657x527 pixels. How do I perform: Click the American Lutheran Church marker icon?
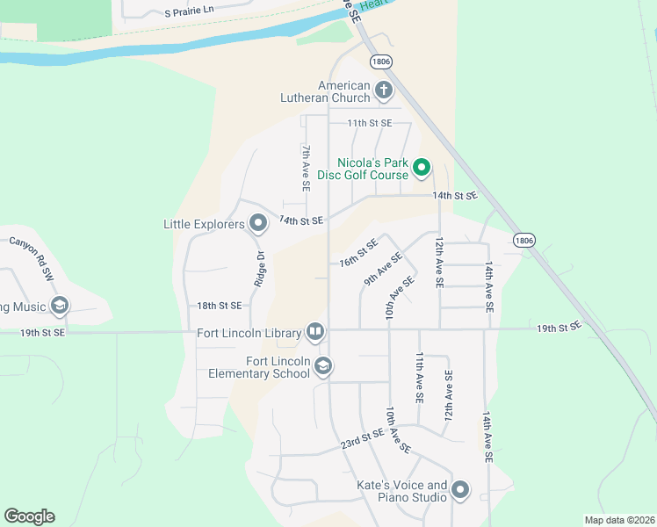coord(383,90)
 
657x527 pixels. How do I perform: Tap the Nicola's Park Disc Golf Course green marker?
coord(421,166)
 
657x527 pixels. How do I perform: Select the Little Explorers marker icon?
coord(258,224)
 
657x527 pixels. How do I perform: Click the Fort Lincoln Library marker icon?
coord(315,332)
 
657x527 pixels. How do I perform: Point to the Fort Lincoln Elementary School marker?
coord(323,366)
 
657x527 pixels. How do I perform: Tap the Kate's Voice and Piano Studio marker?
coord(461,490)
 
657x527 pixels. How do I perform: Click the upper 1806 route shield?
coord(380,61)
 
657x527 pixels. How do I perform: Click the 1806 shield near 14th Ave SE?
coord(524,240)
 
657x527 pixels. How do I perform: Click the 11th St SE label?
coord(369,123)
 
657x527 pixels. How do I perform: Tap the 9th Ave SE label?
coord(383,270)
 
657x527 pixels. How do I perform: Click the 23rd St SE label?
coord(362,440)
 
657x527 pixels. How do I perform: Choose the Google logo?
coord(29,516)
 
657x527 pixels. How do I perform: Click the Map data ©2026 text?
coord(619,520)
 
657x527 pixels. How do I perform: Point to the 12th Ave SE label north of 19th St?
coord(438,262)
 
